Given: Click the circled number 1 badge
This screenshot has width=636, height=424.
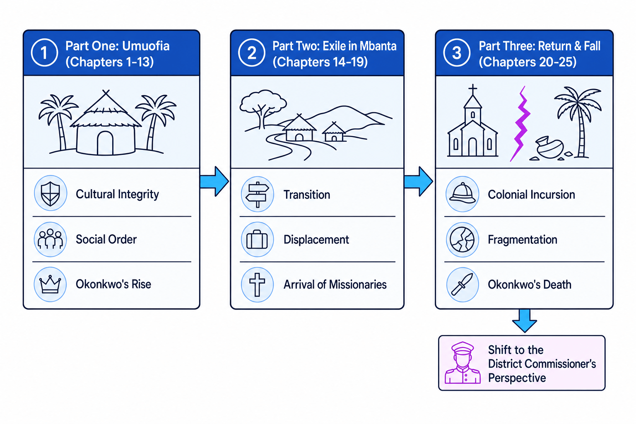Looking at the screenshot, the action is [x=45, y=53].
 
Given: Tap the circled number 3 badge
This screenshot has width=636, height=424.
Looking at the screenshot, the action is [x=457, y=53].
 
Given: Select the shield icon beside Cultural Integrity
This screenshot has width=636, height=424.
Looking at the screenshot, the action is [x=51, y=193].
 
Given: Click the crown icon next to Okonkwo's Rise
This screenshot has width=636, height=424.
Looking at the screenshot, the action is [x=50, y=284].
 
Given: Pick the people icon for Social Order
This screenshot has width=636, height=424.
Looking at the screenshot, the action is [x=50, y=239].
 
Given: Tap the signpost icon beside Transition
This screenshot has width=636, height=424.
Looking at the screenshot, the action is [x=257, y=194].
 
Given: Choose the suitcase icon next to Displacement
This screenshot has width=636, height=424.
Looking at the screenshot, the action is [x=257, y=240].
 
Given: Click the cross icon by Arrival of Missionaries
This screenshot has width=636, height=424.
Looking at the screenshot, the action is [x=257, y=284].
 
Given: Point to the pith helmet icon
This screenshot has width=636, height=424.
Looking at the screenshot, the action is [x=463, y=194].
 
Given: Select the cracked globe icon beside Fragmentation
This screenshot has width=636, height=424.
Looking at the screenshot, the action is [x=463, y=240].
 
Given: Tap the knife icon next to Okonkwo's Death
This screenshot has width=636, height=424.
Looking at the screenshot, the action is [x=463, y=284].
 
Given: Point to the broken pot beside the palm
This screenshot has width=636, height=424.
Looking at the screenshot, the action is [x=549, y=148].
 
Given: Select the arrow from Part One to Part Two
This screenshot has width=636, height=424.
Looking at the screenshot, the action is [x=214, y=181].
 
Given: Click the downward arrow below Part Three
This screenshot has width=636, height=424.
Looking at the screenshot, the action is [x=525, y=321].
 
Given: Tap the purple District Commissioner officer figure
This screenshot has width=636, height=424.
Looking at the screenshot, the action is [x=463, y=363].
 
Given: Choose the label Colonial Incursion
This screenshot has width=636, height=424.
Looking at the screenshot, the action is [x=531, y=195].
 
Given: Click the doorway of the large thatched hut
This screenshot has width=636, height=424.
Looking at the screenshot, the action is [x=105, y=143].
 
